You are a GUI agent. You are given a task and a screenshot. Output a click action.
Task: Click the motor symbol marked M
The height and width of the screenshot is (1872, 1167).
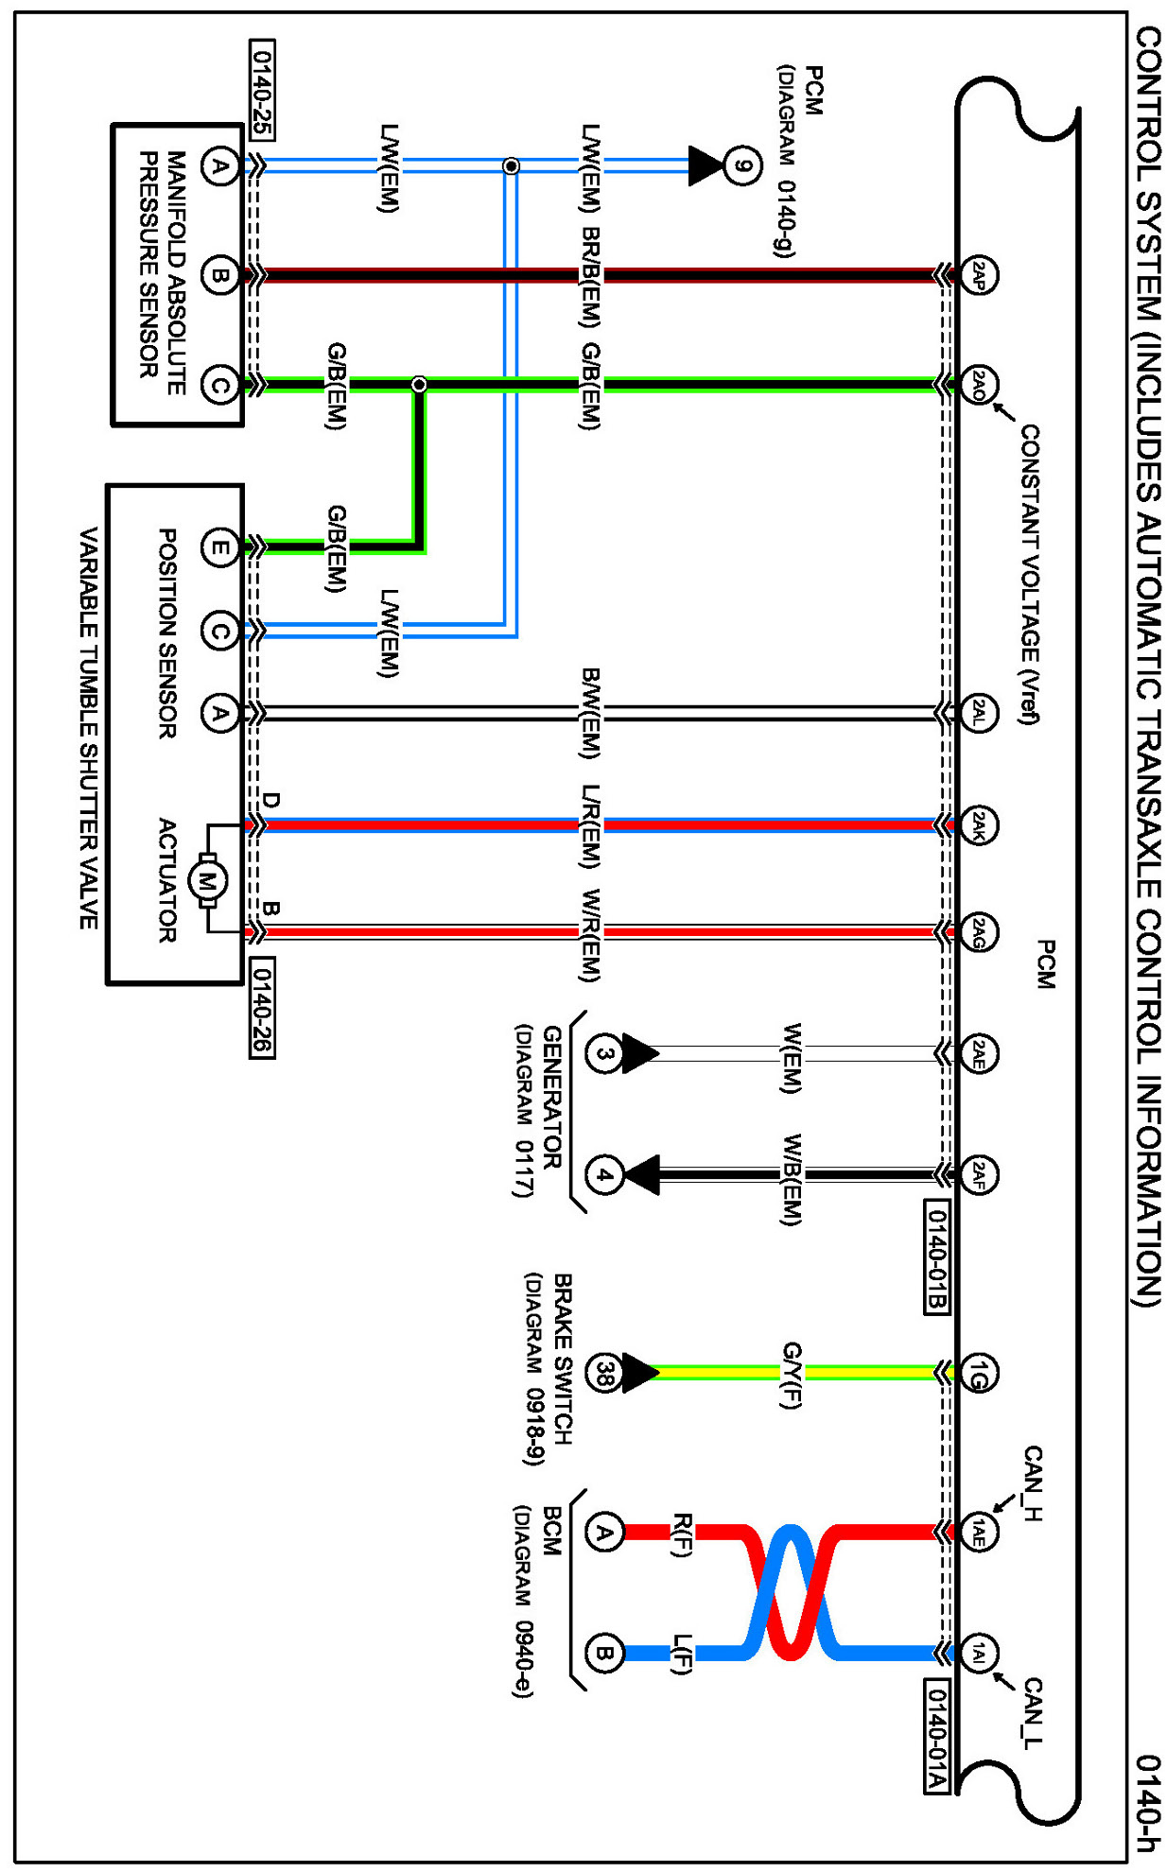pyautogui.click(x=207, y=880)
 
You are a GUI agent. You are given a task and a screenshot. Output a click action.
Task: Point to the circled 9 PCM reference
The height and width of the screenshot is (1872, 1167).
pyautogui.click(x=743, y=166)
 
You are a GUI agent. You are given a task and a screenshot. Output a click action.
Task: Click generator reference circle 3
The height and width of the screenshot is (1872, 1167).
pyautogui.click(x=603, y=1053)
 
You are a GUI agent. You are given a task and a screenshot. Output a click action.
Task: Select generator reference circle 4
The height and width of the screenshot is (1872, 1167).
pyautogui.click(x=603, y=1175)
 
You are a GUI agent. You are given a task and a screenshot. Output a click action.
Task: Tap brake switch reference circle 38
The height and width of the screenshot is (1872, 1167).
pyautogui.click(x=603, y=1373)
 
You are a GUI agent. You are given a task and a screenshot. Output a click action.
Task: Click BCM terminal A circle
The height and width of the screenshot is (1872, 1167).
pyautogui.click(x=603, y=1532)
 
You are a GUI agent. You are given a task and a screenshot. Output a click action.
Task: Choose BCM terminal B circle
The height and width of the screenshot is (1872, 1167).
pyautogui.click(x=603, y=1654)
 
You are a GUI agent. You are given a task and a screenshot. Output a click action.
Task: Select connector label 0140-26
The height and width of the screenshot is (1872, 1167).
pyautogui.click(x=262, y=1008)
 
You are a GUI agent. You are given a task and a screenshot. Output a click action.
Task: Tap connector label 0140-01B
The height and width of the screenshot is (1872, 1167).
pyautogui.click(x=935, y=1257)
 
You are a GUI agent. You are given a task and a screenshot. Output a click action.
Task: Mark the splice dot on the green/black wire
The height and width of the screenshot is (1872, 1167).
pyautogui.click(x=419, y=385)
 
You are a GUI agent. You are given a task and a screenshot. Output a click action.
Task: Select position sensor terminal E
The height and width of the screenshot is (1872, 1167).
pyautogui.click(x=219, y=547)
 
